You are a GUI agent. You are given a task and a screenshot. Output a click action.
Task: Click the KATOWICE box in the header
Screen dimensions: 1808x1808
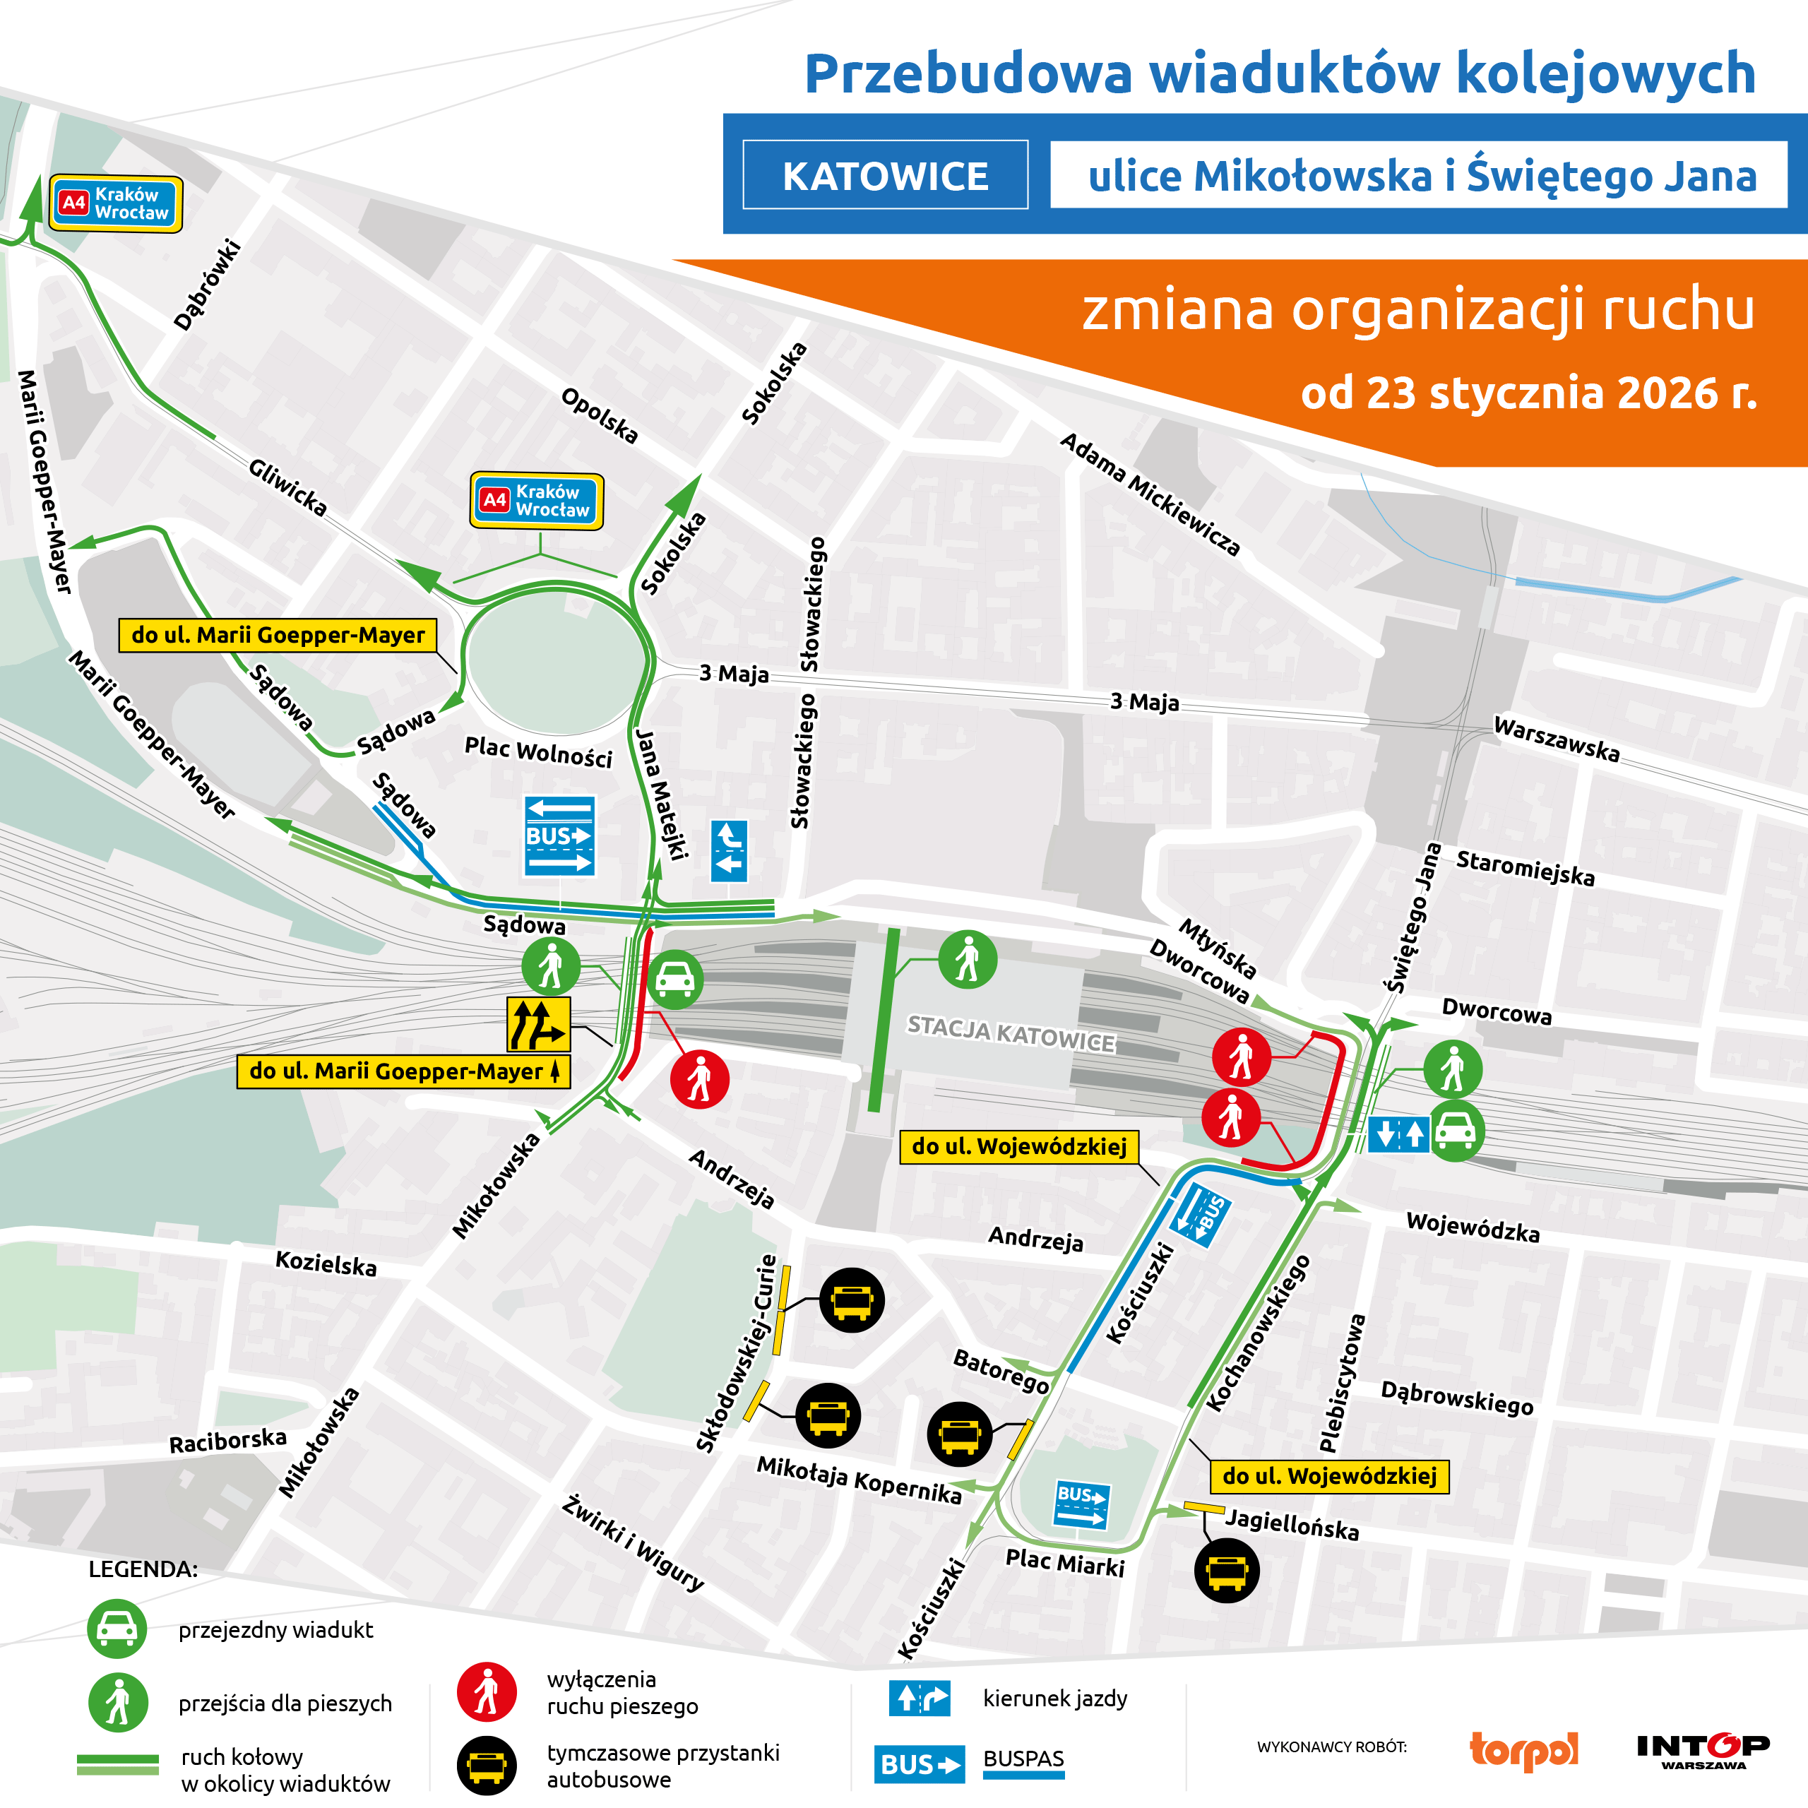pos(884,175)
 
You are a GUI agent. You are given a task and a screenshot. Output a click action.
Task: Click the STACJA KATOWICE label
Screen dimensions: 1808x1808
pos(1011,1033)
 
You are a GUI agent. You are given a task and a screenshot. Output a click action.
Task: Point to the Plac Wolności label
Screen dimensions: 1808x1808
pos(538,751)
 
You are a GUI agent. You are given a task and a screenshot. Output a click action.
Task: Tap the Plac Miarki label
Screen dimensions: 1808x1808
pos(1064,1563)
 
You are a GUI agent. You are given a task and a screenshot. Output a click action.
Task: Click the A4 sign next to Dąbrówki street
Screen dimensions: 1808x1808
pos(115,203)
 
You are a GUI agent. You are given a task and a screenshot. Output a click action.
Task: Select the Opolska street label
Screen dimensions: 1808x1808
pos(599,415)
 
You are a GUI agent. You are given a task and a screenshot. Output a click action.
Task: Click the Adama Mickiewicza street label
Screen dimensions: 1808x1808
pos(1149,495)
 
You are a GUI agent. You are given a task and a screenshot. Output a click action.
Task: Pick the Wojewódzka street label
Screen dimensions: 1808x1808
pos(1472,1226)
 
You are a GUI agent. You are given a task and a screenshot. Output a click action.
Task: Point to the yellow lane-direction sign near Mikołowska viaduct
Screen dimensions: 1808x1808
pos(538,1025)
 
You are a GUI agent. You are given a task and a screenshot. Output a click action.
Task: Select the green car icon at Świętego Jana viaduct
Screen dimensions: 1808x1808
pos(1454,1131)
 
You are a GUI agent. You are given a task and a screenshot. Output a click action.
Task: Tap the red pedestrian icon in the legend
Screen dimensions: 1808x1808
pos(486,1692)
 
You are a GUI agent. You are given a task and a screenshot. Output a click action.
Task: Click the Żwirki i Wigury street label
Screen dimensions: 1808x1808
pos(633,1543)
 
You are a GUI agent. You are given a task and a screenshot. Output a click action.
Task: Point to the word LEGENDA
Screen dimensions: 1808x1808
pos(143,1569)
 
